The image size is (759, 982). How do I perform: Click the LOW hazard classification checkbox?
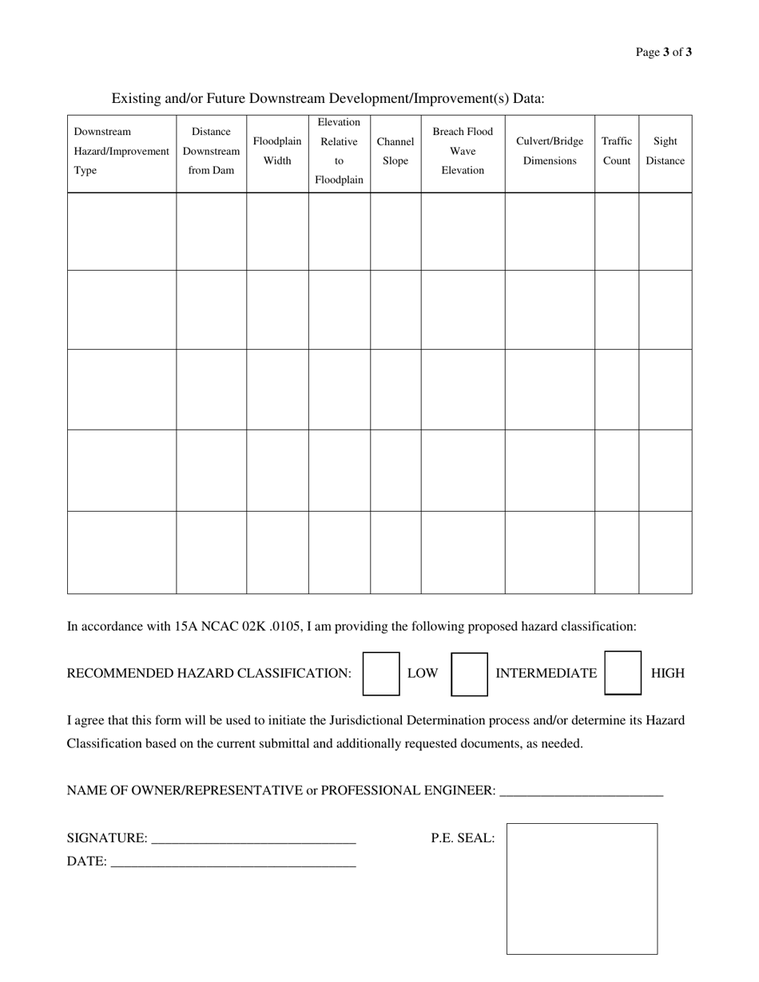(x=381, y=673)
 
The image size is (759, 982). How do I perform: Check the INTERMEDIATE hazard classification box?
(x=470, y=674)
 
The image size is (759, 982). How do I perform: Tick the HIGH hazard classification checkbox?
(x=623, y=673)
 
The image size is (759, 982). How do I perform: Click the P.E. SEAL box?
(x=582, y=889)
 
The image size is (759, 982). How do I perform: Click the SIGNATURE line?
(x=253, y=839)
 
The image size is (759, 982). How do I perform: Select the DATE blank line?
(x=232, y=862)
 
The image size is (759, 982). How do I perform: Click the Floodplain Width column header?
(x=277, y=151)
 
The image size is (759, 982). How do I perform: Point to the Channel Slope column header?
(x=395, y=151)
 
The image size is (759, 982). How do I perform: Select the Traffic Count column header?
(x=617, y=151)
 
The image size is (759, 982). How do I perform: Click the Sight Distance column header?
(x=666, y=151)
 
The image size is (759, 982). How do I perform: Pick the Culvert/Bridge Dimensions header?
(x=550, y=151)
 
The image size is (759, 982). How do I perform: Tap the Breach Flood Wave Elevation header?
(x=463, y=151)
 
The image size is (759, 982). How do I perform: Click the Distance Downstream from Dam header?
(x=211, y=151)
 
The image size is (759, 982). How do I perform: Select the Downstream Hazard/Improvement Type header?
(x=121, y=151)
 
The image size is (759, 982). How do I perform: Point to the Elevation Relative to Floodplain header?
(x=339, y=151)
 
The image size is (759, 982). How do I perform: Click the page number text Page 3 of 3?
(x=663, y=53)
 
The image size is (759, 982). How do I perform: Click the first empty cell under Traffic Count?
(x=617, y=232)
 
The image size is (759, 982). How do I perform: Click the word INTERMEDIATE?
(x=546, y=673)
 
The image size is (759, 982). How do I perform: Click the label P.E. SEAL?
(x=463, y=838)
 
